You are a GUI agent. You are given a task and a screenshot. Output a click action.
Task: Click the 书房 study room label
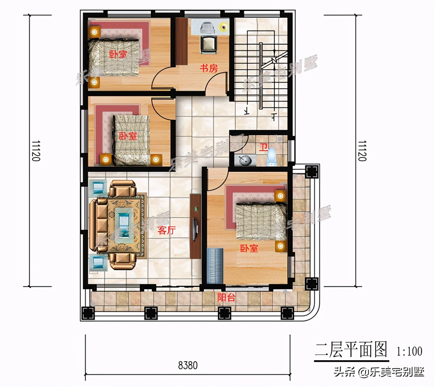point(209,68)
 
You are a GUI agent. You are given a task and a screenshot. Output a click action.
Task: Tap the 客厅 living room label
point(166,230)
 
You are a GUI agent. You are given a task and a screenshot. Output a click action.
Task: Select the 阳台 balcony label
point(226,298)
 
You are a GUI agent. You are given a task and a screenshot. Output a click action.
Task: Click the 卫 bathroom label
point(263,147)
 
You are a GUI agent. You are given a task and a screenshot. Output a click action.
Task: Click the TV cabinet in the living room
point(196,226)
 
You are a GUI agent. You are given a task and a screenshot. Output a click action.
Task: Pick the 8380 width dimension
point(188,365)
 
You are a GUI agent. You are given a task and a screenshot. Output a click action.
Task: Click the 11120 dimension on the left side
point(36,151)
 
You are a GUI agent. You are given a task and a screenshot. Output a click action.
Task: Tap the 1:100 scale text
point(410,351)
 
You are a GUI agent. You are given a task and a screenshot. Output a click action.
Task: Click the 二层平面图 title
point(351,349)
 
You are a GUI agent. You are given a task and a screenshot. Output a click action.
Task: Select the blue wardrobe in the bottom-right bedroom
point(215,266)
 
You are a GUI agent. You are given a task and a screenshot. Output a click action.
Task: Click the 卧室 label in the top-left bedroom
point(118,54)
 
